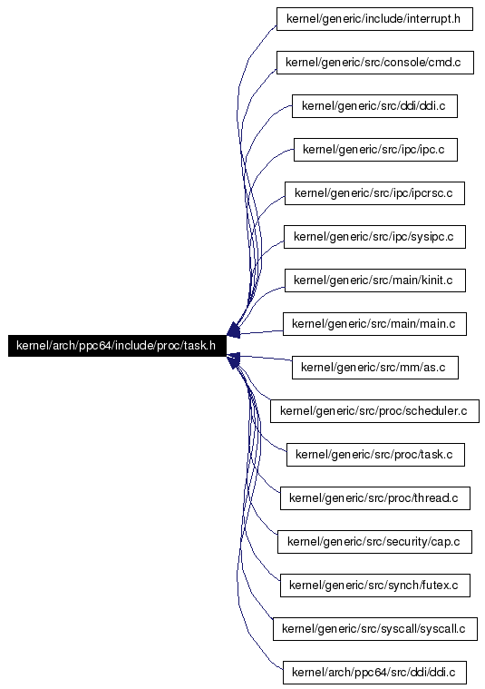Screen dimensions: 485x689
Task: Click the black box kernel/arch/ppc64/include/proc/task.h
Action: [117, 345]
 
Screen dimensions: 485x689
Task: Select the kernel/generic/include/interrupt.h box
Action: [374, 19]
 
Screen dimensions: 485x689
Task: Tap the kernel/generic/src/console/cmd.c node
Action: [374, 63]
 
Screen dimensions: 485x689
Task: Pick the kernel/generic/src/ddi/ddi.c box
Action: [374, 106]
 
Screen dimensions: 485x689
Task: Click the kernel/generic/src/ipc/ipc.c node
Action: [375, 150]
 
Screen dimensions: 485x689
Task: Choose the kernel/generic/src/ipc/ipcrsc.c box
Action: [374, 193]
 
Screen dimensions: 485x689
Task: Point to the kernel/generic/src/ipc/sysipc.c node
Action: [374, 236]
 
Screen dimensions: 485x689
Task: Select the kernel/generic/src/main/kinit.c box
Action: [374, 280]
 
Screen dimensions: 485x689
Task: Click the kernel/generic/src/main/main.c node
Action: [374, 324]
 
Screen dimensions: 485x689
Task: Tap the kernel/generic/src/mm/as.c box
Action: [374, 368]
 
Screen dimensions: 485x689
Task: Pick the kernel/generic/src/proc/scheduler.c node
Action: [374, 411]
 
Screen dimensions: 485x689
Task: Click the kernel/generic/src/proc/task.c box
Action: [375, 455]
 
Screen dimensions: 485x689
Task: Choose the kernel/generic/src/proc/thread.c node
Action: [374, 497]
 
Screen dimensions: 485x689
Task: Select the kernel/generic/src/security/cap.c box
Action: [374, 541]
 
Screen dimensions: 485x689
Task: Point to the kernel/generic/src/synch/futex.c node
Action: [374, 585]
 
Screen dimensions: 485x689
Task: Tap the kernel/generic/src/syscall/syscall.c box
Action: [374, 628]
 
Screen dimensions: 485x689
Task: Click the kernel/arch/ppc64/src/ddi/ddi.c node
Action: [374, 672]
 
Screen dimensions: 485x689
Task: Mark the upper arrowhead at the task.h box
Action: [234, 330]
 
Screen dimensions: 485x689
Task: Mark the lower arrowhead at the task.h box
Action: [234, 360]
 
